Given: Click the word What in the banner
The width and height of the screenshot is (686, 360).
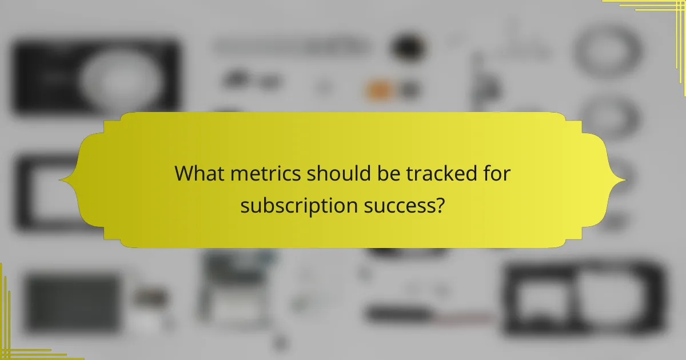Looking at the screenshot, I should pos(200,174).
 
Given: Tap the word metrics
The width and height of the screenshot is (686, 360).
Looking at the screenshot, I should pos(266,174).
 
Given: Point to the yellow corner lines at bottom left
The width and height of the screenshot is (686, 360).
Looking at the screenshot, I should pos(23,337).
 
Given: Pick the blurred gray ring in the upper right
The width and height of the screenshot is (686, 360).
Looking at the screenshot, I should pos(607,51).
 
